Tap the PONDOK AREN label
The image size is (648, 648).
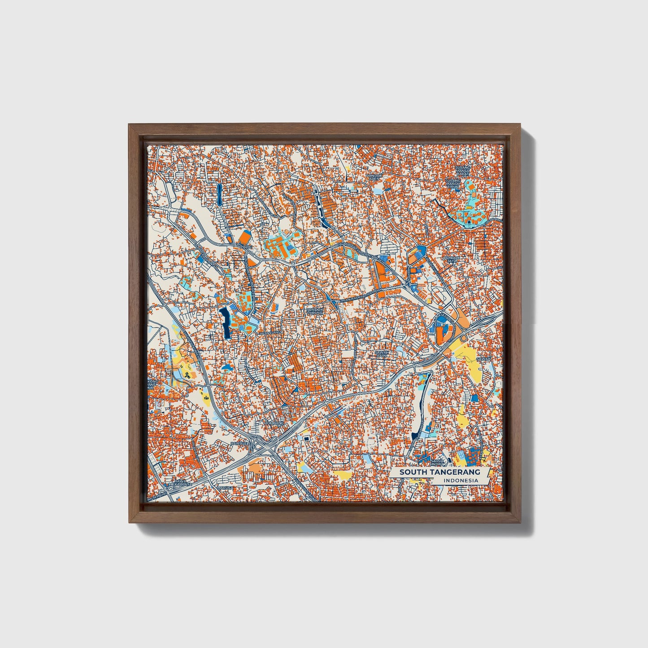373,177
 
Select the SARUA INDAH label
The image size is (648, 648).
437,462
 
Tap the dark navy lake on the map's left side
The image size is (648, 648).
225,322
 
